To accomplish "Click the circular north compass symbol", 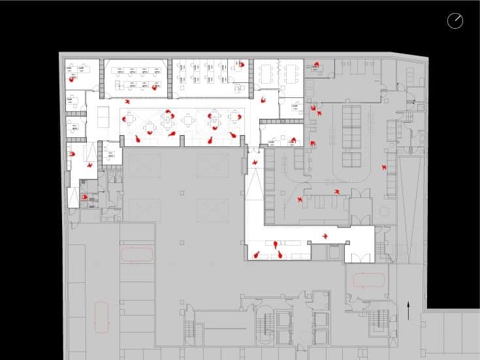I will pos(455,21).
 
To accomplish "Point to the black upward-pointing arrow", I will pos(409,309).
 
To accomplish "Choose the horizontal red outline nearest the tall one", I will pos(137,254).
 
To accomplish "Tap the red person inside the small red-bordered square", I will pos(84,196).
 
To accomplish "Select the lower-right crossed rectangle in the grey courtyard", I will pos(213,210).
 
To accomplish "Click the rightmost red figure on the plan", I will pos(384,168).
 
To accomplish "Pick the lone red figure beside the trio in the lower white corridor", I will pos(325,235).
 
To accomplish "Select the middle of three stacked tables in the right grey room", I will pos(352,138).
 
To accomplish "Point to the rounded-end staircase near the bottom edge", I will pos(266,324).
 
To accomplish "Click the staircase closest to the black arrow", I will pos(381,323).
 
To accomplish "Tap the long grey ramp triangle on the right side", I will pos(409,209).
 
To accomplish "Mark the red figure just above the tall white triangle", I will pos(255,161).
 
